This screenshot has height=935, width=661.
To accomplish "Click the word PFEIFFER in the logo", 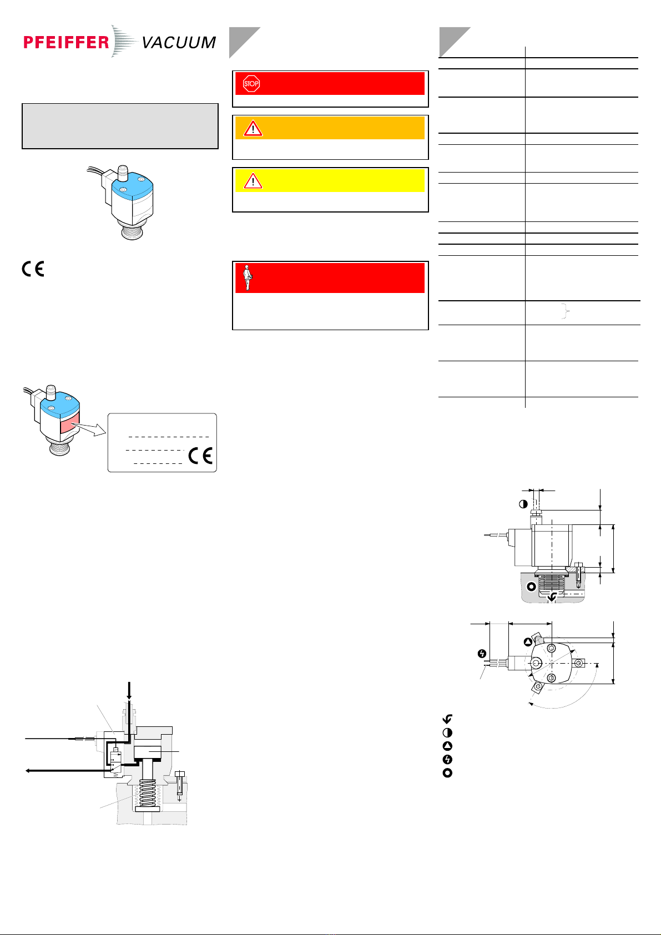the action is pyautogui.click(x=66, y=42).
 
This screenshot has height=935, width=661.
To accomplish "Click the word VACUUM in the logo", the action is pyautogui.click(x=179, y=43).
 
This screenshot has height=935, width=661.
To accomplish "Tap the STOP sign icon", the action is pyautogui.click(x=251, y=83).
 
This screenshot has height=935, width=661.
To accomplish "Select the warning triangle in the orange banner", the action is pyautogui.click(x=253, y=128).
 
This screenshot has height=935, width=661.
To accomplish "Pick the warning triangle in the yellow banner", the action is pyautogui.click(x=253, y=181).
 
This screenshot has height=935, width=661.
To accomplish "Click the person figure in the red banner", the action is pyautogui.click(x=248, y=277).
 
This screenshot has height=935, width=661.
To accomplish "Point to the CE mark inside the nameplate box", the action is pyautogui.click(x=200, y=456).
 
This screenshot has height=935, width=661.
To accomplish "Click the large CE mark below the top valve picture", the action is pyautogui.click(x=33, y=269).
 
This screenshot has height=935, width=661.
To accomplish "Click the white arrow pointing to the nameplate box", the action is pyautogui.click(x=89, y=429).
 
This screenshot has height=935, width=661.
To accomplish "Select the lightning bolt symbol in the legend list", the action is pyautogui.click(x=447, y=759).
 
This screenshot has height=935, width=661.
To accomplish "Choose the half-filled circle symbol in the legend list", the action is pyautogui.click(x=447, y=732).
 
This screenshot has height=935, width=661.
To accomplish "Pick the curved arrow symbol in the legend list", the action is pyautogui.click(x=447, y=719).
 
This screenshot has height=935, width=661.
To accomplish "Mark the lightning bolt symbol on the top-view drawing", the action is pyautogui.click(x=482, y=654).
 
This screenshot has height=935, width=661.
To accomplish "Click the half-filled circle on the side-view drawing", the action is pyautogui.click(x=523, y=504).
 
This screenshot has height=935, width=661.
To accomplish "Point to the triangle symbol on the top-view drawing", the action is pyautogui.click(x=528, y=642).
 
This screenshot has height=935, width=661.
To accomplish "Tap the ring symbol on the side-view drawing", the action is pyautogui.click(x=531, y=587).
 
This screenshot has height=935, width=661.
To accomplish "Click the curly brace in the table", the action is pyautogui.click(x=566, y=311).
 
